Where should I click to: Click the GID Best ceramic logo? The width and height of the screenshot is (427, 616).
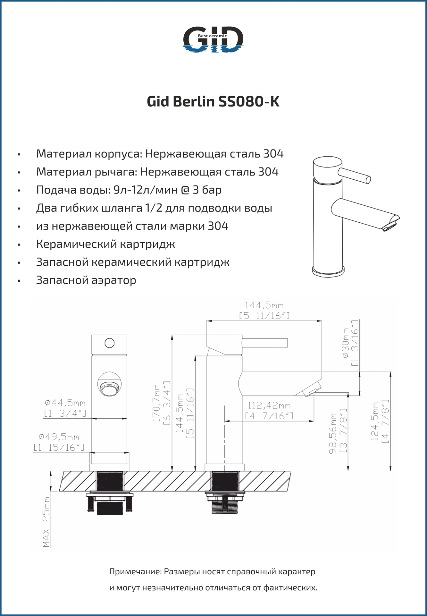click(213, 39)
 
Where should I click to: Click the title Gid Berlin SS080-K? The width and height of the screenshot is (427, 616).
click(213, 102)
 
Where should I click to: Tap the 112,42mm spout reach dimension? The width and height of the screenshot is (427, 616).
click(269, 406)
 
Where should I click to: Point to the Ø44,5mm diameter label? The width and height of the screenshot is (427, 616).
click(65, 403)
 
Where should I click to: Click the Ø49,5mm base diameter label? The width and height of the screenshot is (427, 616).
click(59, 437)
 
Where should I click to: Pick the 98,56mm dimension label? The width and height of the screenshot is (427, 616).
click(334, 433)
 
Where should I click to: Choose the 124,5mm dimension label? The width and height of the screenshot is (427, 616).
click(375, 421)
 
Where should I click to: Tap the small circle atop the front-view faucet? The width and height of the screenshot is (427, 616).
click(110, 343)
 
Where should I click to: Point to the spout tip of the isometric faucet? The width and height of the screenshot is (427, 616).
click(392, 223)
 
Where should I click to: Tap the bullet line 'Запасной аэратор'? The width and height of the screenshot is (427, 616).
click(86, 280)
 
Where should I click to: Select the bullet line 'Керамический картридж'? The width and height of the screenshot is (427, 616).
click(105, 244)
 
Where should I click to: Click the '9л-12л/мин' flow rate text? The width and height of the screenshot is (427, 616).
click(145, 190)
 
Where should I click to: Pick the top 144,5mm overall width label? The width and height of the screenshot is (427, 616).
click(264, 305)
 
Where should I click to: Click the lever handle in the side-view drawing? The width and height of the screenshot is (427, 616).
click(265, 343)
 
